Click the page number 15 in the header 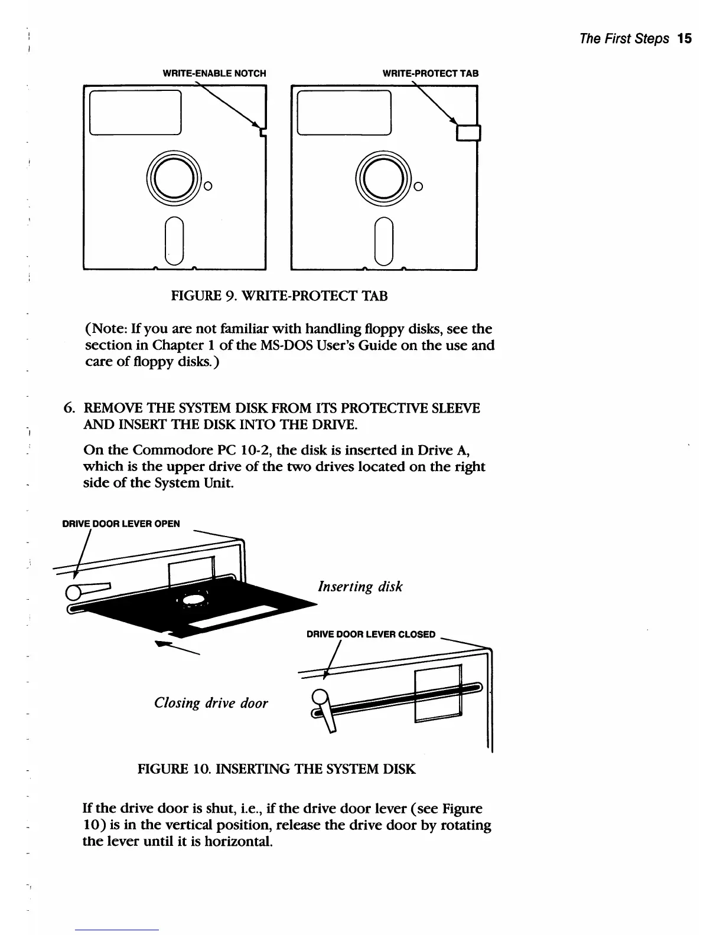pos(685,39)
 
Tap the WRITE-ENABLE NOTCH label pos(214,74)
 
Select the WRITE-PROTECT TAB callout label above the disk pos(431,74)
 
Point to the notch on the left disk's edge pos(263,132)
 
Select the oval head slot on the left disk pos(174,241)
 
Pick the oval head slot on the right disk pos(385,241)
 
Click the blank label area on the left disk pos(136,112)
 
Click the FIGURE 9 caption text pos(279,296)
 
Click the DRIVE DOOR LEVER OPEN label pos(121,524)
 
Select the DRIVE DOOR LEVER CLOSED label pos(370,635)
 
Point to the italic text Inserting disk pos(360,587)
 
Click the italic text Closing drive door pos(211,703)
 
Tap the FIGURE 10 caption pos(276,769)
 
